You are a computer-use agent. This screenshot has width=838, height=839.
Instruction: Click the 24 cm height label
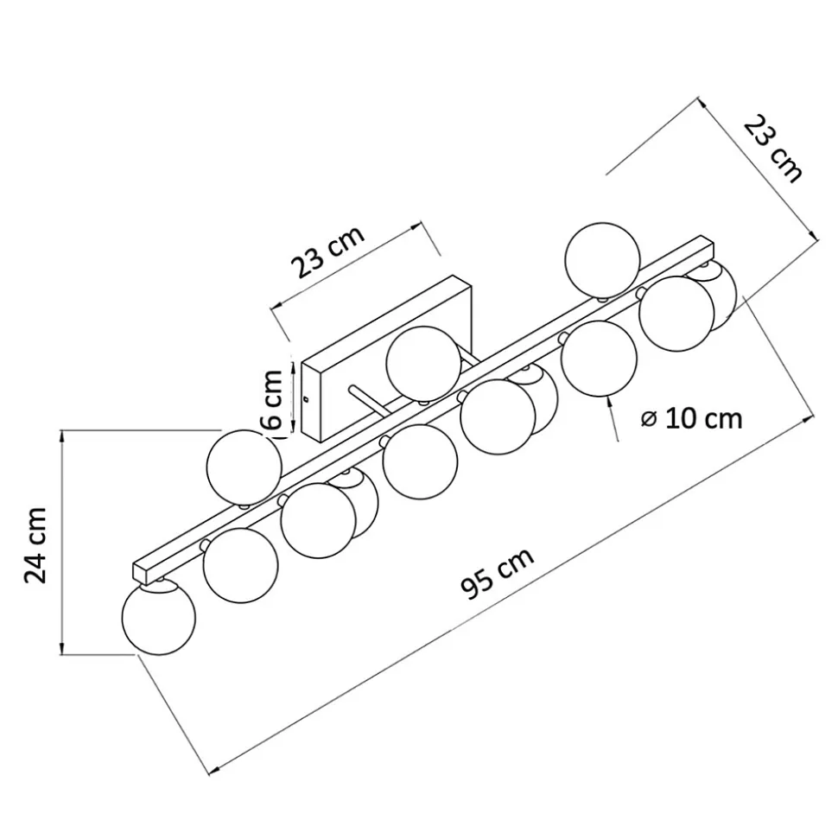36,545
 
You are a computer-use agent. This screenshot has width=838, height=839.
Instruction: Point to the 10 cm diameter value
705,418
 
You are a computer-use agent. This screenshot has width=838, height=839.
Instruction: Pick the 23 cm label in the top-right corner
773,149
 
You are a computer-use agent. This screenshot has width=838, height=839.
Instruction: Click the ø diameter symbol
650,418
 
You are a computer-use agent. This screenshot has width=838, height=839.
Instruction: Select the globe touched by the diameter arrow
600,359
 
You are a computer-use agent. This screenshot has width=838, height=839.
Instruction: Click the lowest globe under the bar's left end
159,619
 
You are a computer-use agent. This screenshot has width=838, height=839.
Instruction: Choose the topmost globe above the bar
602,258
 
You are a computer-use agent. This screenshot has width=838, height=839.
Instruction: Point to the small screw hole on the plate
308,398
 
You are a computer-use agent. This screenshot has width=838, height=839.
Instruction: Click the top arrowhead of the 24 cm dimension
63,435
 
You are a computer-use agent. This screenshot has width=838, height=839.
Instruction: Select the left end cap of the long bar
138,572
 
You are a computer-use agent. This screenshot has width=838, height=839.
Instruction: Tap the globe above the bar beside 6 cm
244,467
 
